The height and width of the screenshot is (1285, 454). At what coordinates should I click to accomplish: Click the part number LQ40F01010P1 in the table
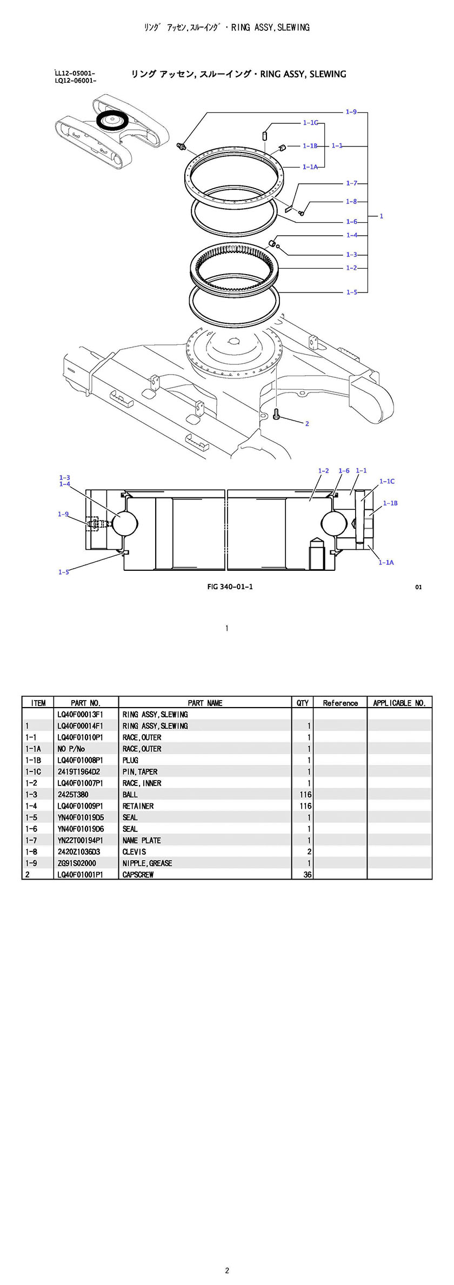pyautogui.click(x=80, y=737)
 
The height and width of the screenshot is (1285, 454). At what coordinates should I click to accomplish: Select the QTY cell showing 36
pyautogui.click(x=307, y=875)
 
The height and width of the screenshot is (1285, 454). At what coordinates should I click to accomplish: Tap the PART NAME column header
pyautogui.click(x=205, y=703)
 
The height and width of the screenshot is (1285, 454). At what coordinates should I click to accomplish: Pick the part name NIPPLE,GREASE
pyautogui.click(x=147, y=863)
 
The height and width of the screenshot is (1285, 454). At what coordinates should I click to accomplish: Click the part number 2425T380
pyautogui.click(x=73, y=795)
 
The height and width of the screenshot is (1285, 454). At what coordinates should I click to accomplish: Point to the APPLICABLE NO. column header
pyautogui.click(x=399, y=703)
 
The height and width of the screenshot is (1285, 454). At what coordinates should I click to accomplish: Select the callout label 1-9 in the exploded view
pyautogui.click(x=351, y=112)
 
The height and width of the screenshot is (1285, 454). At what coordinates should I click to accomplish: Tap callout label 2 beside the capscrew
pyautogui.click(x=307, y=424)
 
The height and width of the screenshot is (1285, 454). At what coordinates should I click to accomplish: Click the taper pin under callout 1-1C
pyautogui.click(x=265, y=134)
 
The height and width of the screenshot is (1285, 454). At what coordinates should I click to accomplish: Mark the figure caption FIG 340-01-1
pyautogui.click(x=230, y=587)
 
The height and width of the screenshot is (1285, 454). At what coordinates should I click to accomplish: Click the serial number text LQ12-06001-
pyautogui.click(x=76, y=81)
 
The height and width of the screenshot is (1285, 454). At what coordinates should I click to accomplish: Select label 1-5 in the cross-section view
pyautogui.click(x=64, y=572)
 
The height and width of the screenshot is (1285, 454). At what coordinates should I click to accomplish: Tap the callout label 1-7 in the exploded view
pyautogui.click(x=351, y=183)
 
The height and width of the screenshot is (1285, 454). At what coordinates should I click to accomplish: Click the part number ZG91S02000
pyautogui.click(x=77, y=863)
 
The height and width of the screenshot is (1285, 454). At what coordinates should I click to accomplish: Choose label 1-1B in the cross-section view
pyautogui.click(x=390, y=503)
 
